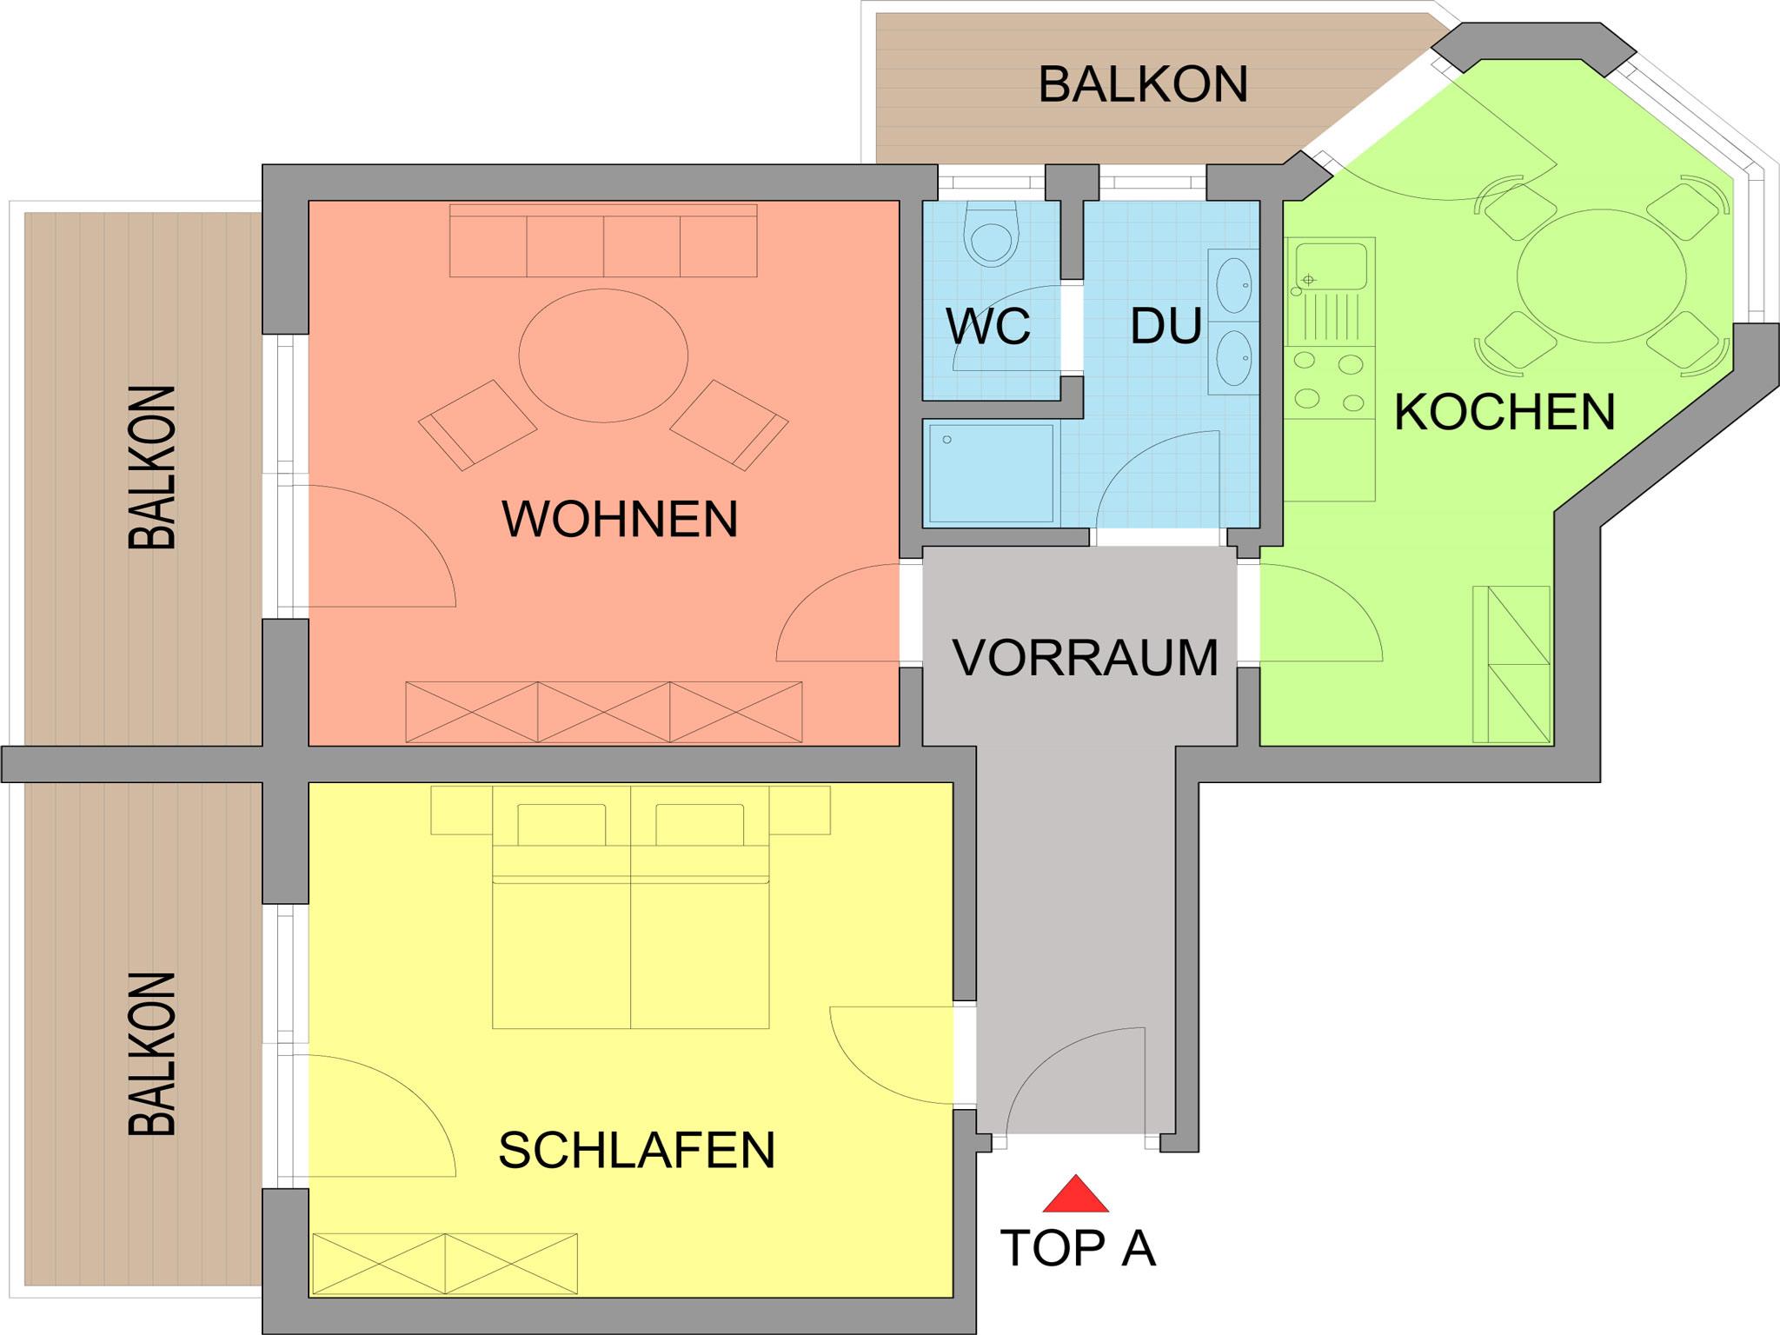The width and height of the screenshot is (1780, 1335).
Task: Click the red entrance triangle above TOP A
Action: coord(1076,1195)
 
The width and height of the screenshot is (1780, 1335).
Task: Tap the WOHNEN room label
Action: coord(620,519)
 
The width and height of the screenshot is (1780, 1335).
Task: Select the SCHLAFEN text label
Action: coord(636,1150)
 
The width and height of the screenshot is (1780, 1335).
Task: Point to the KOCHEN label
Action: coord(1504,412)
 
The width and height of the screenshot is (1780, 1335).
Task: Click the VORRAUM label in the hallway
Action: coord(1086,657)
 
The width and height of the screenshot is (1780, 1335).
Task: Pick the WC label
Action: coord(988,327)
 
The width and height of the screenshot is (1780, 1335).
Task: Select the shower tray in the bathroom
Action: coord(992,474)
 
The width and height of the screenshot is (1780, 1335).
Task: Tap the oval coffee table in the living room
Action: coord(603,355)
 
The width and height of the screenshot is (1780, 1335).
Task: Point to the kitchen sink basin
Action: coord(1331,266)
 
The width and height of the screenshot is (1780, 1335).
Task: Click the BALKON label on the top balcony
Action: coord(1143,84)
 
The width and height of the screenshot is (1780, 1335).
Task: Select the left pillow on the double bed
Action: coord(561,824)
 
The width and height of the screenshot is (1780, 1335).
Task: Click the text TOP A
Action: coord(1078,1248)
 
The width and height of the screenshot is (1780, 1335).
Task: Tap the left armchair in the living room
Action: coord(477,424)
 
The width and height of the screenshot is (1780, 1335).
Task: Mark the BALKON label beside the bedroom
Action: coord(152,1053)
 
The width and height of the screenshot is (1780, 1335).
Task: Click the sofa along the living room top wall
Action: coord(603,241)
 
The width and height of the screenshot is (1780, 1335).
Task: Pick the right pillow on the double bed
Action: coord(700,824)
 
